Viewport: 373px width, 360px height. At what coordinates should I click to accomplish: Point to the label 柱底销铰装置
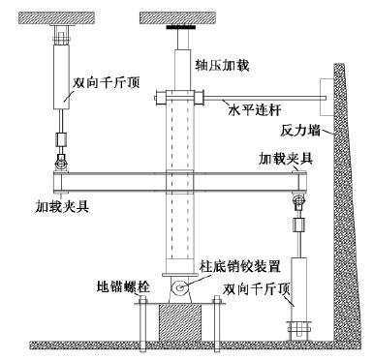(240, 263)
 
